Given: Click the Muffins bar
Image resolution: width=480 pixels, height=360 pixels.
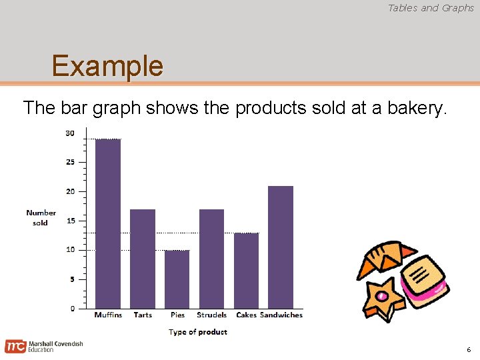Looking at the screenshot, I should (x=108, y=223).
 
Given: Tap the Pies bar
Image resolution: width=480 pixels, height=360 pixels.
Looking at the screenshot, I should (x=177, y=279).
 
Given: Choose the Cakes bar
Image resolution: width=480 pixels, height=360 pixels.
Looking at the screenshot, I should (x=247, y=271).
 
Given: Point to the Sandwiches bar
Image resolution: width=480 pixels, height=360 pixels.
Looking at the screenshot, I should (x=281, y=247).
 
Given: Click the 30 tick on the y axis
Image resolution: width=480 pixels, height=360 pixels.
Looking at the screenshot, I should (x=70, y=133).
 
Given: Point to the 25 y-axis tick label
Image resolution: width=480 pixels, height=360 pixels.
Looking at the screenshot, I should (x=70, y=162).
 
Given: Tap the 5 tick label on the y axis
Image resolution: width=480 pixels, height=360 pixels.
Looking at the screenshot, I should (x=72, y=279).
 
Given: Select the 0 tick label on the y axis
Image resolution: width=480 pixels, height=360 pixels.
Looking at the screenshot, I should (x=72, y=309).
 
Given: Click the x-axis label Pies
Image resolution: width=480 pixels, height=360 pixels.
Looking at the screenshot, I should (x=177, y=315).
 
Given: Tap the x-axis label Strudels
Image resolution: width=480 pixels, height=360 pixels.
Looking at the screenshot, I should (x=212, y=315).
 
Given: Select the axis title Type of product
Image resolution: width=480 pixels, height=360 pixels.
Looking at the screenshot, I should (x=198, y=332).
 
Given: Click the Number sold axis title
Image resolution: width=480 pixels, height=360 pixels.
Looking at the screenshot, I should (x=41, y=218).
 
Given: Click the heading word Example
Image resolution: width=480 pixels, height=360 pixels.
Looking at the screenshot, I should (x=107, y=66).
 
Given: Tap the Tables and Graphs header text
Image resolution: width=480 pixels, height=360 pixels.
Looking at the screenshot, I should (x=431, y=8).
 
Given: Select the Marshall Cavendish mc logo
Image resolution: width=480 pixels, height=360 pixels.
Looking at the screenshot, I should (x=15, y=347).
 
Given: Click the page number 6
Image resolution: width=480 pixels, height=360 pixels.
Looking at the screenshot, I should (x=469, y=350).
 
